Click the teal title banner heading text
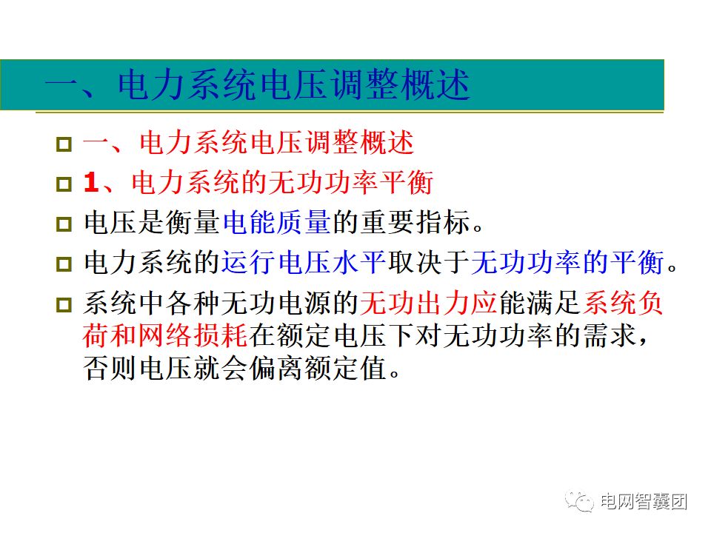[x=257, y=87]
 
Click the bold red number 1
[x=92, y=183]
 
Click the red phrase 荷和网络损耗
[x=165, y=336]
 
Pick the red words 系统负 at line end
[x=624, y=303]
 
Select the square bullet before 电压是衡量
[x=64, y=223]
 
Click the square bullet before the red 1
[x=64, y=183]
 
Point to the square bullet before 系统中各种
[x=64, y=304]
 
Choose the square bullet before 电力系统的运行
[x=64, y=263]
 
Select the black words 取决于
[x=428, y=262]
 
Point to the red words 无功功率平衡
[x=350, y=183]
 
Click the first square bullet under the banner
[x=64, y=144]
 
